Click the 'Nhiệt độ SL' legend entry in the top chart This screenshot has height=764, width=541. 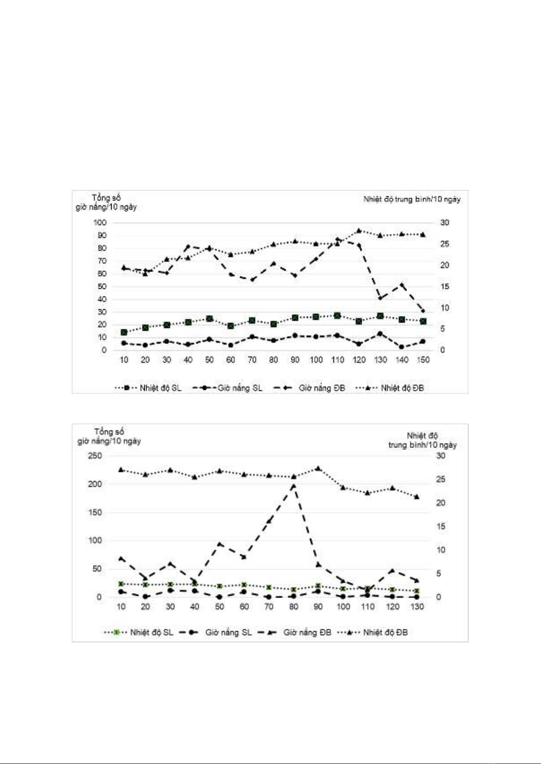148,388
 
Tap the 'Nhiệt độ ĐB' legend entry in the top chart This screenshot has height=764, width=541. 389,388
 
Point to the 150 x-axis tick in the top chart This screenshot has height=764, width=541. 423,360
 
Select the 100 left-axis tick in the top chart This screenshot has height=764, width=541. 100,223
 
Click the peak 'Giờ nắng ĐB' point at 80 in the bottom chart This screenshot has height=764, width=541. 294,485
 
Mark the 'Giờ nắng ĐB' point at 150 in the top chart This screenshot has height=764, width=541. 423,311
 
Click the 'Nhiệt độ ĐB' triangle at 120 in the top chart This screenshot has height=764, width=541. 359,231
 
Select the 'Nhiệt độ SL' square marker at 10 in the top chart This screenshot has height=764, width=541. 124,332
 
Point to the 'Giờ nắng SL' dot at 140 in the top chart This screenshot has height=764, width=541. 402,347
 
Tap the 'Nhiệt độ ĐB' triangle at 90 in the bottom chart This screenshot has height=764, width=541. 318,468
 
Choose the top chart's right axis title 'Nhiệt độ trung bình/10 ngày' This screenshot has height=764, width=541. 412,199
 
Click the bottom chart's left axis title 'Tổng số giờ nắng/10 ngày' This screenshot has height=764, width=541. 109,436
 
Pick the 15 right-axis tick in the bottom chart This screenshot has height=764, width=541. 441,526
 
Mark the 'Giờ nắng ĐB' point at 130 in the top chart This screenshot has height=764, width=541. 380,298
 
